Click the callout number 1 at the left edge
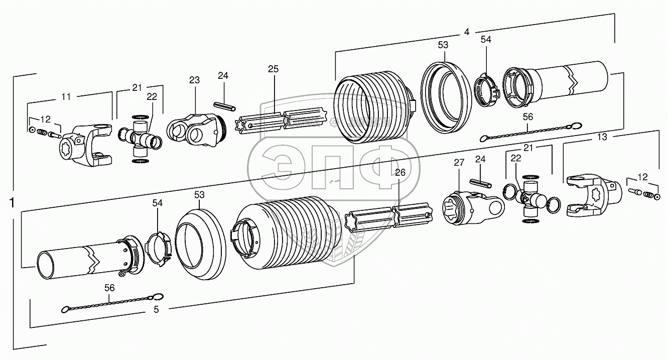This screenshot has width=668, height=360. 12,203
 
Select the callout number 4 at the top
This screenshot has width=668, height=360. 466,32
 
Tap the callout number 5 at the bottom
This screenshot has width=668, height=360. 156,310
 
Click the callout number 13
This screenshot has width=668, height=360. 602,137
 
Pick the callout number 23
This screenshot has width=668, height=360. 194,80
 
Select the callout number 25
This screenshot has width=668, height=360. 273,69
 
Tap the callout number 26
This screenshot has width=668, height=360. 400,172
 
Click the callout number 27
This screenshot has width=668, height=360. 459,163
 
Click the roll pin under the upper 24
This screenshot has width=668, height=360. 224,106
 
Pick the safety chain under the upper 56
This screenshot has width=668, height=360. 529,132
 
